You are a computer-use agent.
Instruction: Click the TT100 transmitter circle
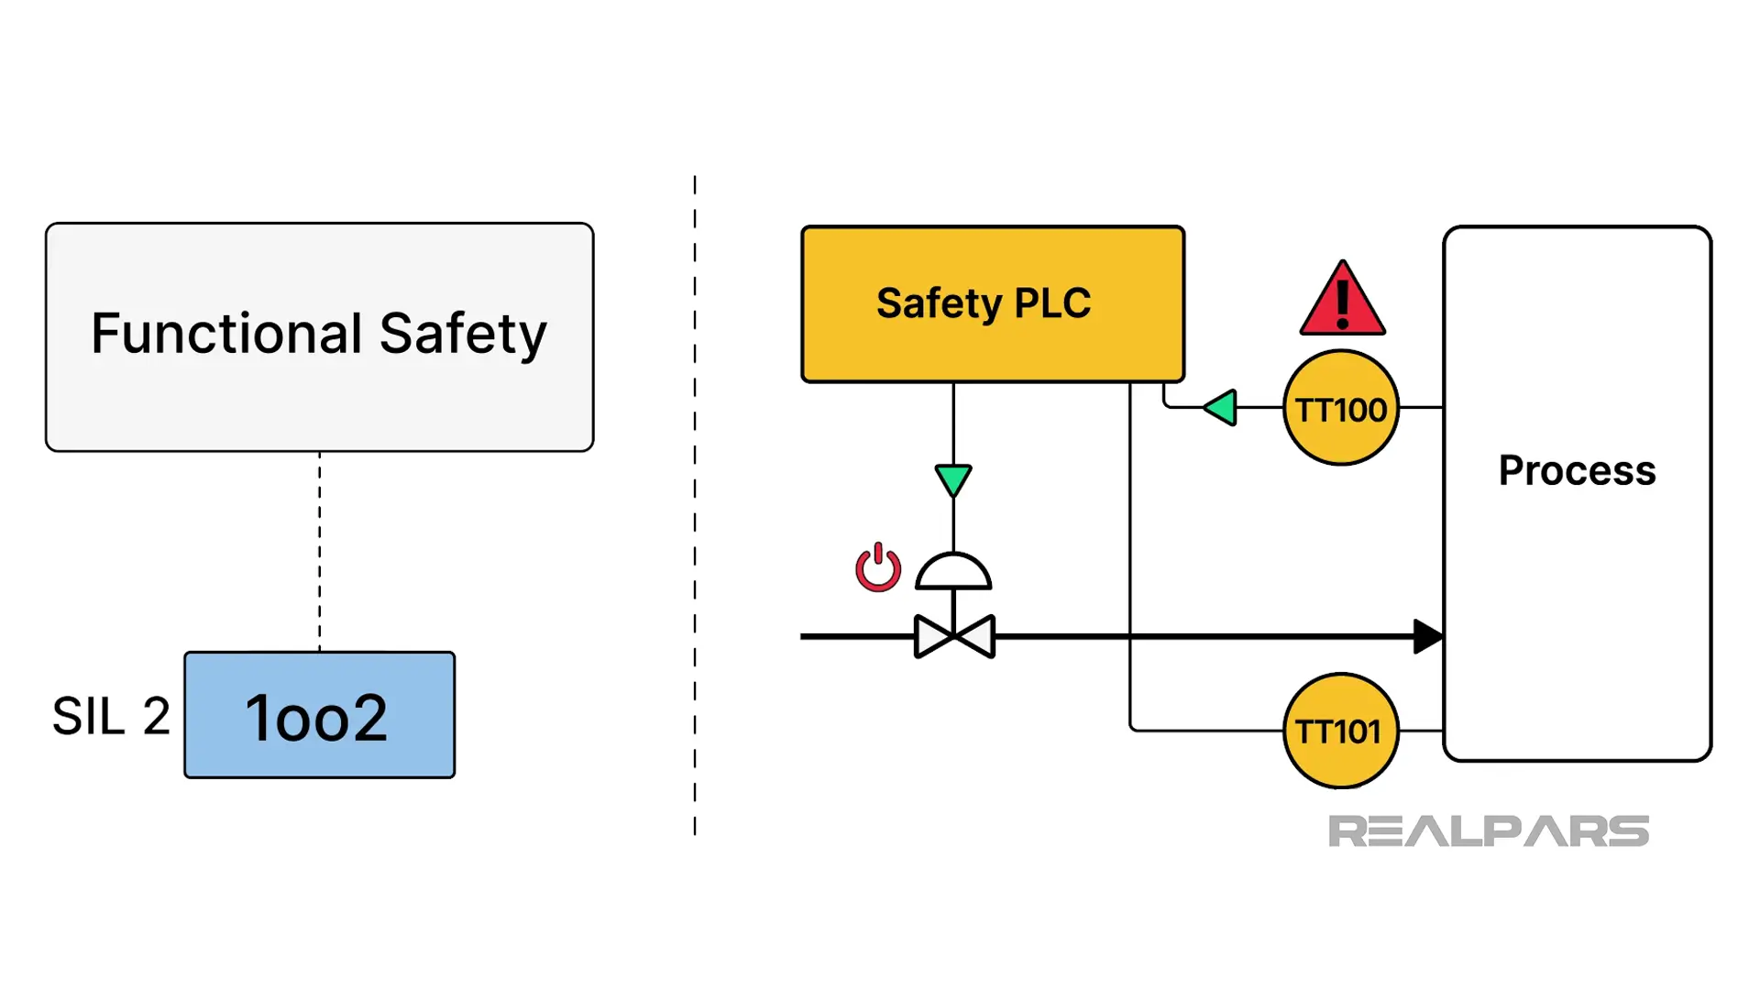pos(1340,408)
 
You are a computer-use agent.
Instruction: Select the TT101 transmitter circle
pos(1340,731)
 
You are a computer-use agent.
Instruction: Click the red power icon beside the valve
pos(878,568)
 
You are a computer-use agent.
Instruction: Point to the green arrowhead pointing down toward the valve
pos(953,479)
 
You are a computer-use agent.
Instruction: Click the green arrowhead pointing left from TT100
pos(1221,407)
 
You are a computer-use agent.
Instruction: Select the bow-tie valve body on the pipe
pos(954,636)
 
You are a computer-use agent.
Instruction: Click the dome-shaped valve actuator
pos(953,573)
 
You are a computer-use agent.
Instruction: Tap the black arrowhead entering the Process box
pos(1426,636)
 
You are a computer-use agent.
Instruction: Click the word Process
pos(1577,470)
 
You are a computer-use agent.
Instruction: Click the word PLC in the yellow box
pos(1052,303)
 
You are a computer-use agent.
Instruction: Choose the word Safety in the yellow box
pos(939,303)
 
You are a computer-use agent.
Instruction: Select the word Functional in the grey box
pos(226,333)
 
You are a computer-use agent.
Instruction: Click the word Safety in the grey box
pos(463,335)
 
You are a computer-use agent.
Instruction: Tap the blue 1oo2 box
pos(319,715)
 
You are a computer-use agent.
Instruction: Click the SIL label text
pos(88,716)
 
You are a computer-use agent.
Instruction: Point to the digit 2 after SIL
pos(156,716)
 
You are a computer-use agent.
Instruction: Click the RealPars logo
pos(1488,831)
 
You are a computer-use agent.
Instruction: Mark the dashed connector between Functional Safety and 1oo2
pos(319,550)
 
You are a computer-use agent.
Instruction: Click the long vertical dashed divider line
pos(695,504)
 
